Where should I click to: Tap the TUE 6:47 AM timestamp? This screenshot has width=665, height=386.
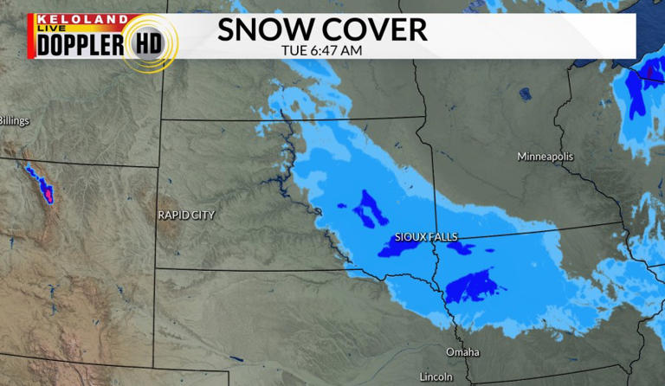pos(321,50)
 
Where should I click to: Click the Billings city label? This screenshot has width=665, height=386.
pos(14,121)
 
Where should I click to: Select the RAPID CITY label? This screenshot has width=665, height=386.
pos(186,215)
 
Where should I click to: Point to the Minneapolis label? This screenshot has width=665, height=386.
pos(545,157)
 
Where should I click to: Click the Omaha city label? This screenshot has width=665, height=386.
pos(461,352)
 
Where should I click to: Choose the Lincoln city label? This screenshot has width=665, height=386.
pos(435,376)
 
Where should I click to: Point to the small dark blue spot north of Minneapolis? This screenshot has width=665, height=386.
pos(525,93)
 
